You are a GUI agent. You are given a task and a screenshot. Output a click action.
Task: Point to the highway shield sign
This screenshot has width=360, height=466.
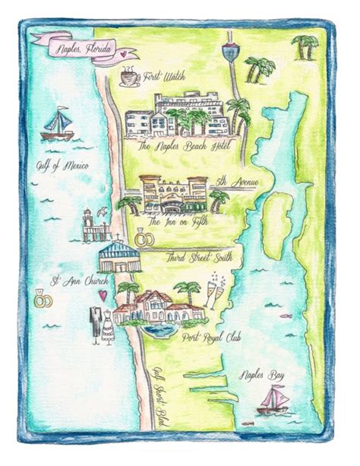coord(229,54)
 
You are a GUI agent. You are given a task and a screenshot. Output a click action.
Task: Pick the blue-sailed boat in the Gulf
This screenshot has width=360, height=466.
coord(57,125)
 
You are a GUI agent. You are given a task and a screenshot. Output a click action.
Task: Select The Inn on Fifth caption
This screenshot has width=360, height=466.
coord(176,221)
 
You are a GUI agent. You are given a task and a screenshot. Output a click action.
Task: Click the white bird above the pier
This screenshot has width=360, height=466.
coord(87,211)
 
